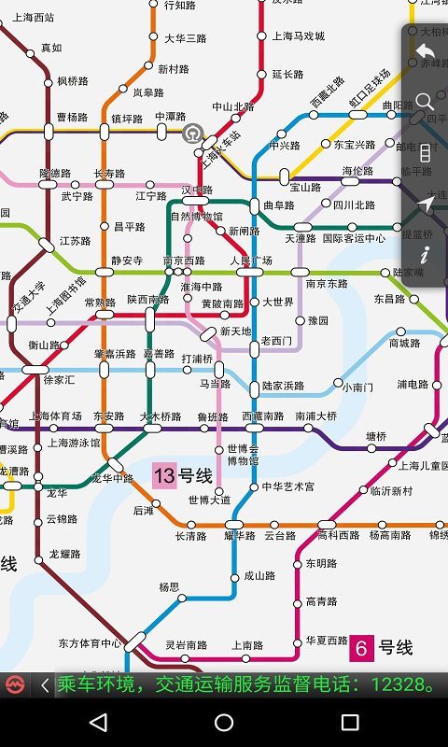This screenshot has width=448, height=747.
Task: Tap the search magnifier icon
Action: point(426,101)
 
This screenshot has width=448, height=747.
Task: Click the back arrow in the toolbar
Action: point(426,51)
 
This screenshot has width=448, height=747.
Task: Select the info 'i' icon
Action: point(426,253)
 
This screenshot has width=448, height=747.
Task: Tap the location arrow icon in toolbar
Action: point(426,204)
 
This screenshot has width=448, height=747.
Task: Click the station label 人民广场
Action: point(251,261)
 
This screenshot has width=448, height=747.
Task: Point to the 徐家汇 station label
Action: point(59,380)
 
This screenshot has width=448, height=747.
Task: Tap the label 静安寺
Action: point(126,261)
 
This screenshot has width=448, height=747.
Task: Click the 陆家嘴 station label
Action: point(408,273)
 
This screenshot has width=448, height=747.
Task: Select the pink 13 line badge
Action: point(164,476)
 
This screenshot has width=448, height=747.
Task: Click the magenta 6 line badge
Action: point(361,648)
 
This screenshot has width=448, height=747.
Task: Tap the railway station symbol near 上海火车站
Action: point(192,133)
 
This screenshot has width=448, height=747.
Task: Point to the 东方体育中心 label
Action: point(89,643)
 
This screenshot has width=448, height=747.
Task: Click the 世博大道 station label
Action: point(208,500)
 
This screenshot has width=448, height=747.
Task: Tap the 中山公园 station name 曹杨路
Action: point(72,118)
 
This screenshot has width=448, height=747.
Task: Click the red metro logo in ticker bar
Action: point(14,685)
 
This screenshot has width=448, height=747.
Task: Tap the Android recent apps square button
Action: point(350,722)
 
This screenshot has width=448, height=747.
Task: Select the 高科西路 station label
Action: point(338,536)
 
